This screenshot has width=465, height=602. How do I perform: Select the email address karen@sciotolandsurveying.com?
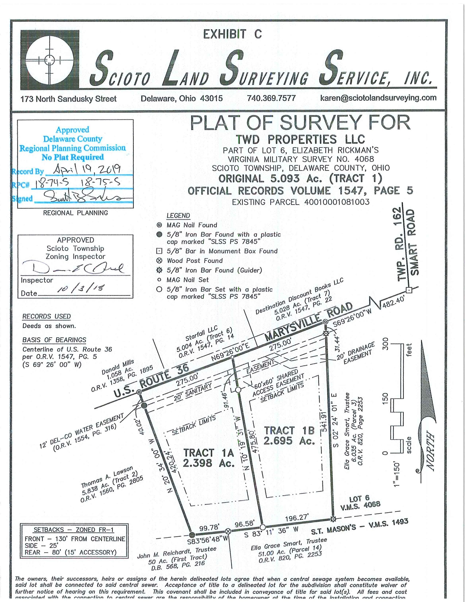(x=378, y=98)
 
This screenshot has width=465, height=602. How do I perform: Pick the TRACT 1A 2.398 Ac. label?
(x=209, y=458)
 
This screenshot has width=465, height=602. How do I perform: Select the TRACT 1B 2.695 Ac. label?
(x=289, y=435)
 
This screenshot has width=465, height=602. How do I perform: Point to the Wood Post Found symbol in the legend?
(x=159, y=261)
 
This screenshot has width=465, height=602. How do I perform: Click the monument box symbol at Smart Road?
(x=409, y=290)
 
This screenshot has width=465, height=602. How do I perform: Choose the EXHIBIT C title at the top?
(x=232, y=34)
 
